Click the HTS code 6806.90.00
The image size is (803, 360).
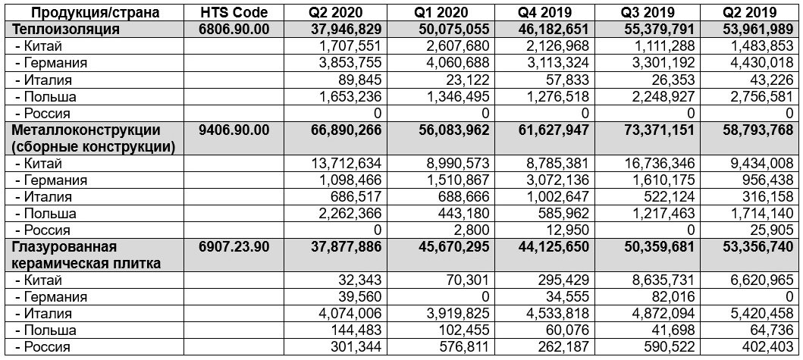tap(234, 29)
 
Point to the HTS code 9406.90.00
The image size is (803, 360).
tap(234, 130)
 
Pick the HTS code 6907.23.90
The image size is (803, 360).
tap(234, 247)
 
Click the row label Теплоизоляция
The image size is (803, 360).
tap(67, 29)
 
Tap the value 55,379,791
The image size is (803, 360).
tap(657, 29)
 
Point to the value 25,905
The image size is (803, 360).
tap(773, 230)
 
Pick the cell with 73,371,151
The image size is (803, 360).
tap(657, 130)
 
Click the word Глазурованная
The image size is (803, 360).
tap(62, 247)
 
